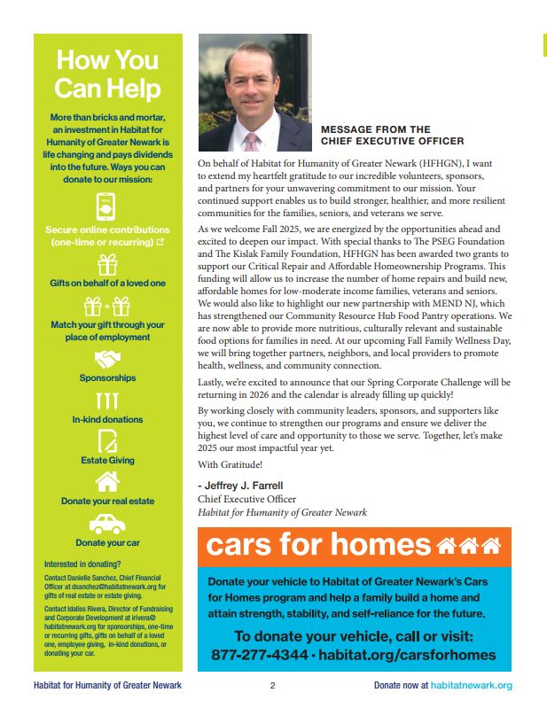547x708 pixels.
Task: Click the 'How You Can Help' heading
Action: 107,74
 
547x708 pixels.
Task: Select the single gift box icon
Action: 107,263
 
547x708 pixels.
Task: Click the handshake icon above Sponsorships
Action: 107,359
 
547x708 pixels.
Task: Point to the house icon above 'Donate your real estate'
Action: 107,481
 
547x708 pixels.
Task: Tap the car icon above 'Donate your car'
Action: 107,523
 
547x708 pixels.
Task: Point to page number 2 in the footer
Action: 273,686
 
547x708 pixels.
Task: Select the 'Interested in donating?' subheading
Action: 82,564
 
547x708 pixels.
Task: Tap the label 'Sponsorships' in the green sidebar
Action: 107,378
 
